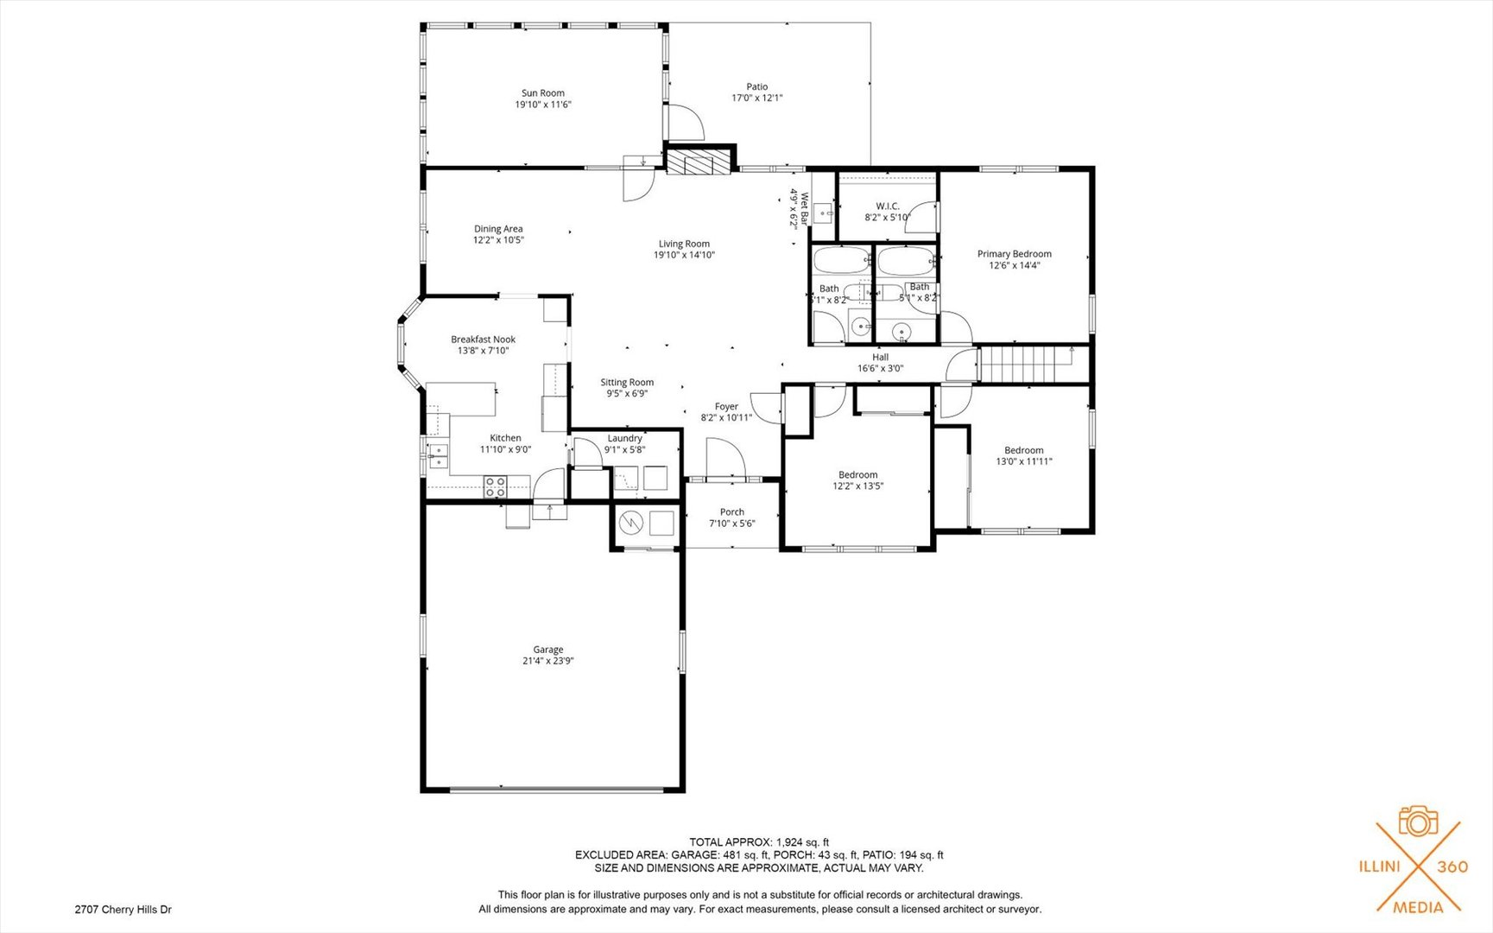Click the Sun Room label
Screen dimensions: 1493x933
tap(542, 93)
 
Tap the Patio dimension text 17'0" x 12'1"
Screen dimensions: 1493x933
tap(756, 98)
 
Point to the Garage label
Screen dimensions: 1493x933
tap(547, 650)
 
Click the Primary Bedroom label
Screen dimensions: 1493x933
tap(1014, 254)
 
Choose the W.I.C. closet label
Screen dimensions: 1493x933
tap(888, 206)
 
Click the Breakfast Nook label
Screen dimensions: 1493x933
tap(483, 340)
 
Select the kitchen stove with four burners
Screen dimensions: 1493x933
tap(495, 487)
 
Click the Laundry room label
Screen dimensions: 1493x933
tap(624, 439)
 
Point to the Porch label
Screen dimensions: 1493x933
tap(732, 512)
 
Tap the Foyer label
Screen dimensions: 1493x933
tap(726, 407)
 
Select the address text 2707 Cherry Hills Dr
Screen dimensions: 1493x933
tap(123, 910)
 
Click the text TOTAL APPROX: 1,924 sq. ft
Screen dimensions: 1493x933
tap(759, 842)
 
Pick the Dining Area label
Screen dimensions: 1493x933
tap(498, 229)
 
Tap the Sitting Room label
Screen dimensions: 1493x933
tap(627, 383)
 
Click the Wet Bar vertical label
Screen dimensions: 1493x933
tap(805, 209)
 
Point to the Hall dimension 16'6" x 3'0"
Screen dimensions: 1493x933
tap(880, 369)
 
